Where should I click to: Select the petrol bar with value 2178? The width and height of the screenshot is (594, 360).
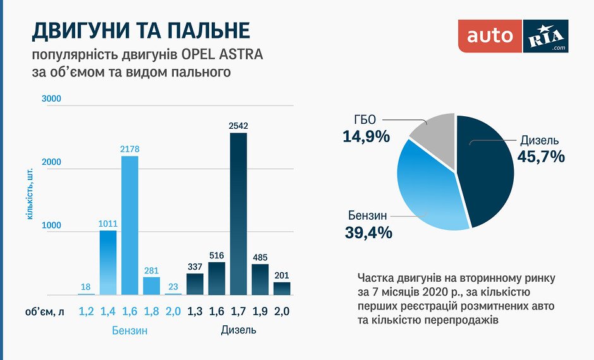click(x=130, y=225)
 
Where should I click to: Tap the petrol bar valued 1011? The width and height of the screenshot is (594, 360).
click(x=108, y=262)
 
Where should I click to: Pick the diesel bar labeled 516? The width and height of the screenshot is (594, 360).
click(x=217, y=279)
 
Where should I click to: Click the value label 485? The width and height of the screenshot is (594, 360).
click(x=260, y=258)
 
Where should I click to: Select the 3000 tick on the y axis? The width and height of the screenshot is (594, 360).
click(x=51, y=99)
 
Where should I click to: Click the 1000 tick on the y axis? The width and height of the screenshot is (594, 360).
click(x=51, y=225)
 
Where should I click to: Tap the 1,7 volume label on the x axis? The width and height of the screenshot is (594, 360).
click(x=238, y=311)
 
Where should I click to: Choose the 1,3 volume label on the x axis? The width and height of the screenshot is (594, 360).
click(x=195, y=311)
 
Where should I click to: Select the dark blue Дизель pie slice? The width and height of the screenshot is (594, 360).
click(x=487, y=171)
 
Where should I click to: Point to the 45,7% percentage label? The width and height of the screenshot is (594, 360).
click(x=541, y=157)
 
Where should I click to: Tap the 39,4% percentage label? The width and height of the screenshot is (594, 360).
click(x=368, y=232)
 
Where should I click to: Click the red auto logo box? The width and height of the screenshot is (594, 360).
click(x=490, y=36)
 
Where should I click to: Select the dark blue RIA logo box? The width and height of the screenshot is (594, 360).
click(x=546, y=36)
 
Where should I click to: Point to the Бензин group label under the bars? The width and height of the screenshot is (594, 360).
click(x=130, y=330)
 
